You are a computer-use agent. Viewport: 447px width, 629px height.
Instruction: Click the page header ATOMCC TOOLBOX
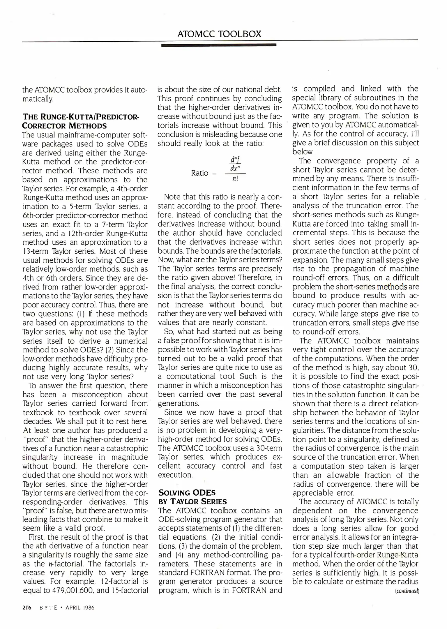pyautogui.click(x=219, y=34)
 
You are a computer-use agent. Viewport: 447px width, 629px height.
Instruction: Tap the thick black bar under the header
pyautogui.click(x=218, y=45)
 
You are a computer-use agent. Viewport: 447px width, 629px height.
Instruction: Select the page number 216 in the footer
pyautogui.click(x=27, y=608)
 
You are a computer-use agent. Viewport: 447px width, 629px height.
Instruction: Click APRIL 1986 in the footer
pyautogui.click(x=80, y=608)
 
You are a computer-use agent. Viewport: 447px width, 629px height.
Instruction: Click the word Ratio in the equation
pyautogui.click(x=199, y=173)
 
